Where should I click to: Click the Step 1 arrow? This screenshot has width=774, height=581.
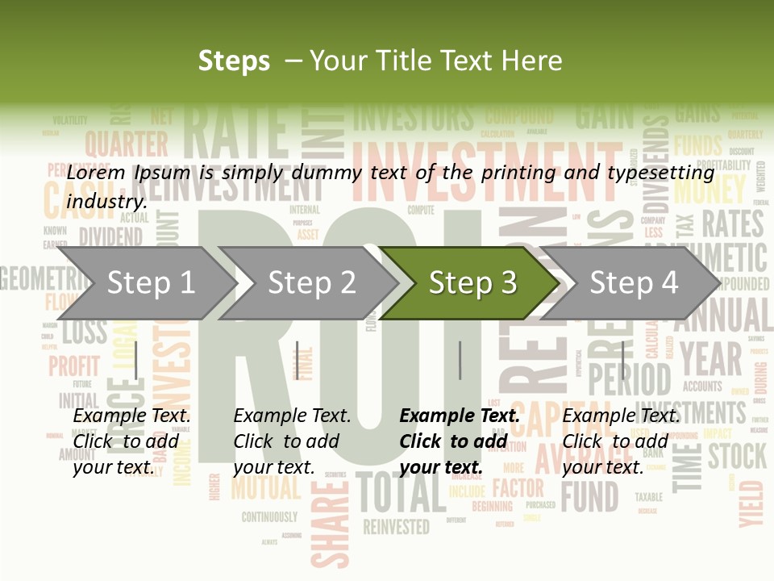(x=150, y=283)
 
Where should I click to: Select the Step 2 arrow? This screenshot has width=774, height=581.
(x=311, y=283)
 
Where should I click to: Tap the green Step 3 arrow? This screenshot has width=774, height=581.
(x=472, y=283)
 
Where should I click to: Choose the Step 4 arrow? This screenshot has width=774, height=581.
(x=633, y=283)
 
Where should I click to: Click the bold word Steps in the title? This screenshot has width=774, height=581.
(x=234, y=61)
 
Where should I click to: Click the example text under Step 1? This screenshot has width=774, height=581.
(x=132, y=441)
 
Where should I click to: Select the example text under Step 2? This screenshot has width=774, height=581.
(x=293, y=441)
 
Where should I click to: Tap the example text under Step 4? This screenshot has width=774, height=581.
(x=621, y=441)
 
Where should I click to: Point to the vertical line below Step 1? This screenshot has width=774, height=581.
(x=136, y=360)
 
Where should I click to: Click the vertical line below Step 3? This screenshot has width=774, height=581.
(x=460, y=360)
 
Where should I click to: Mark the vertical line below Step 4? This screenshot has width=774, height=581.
(x=622, y=360)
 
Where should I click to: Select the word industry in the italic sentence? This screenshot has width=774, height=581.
(x=106, y=202)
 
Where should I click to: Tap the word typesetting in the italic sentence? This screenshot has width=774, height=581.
(x=660, y=173)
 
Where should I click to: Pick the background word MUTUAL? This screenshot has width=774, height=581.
(x=265, y=487)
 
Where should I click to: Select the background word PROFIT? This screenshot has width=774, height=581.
(x=74, y=366)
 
